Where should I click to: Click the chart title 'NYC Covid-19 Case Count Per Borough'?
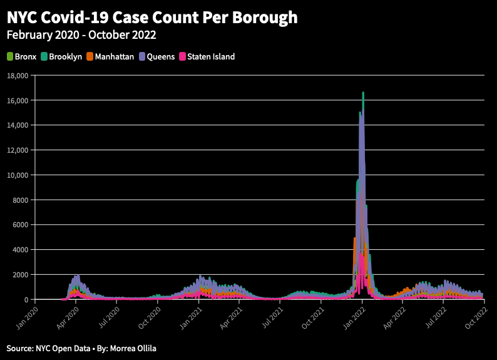pos(152,17)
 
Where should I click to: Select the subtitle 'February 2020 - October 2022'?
pos(81,35)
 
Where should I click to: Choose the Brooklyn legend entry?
pos(61,56)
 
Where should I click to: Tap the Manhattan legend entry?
pos(110,56)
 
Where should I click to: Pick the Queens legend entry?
pos(157,56)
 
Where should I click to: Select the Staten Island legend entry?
pos(207,56)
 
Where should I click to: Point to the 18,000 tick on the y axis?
pos(18,76)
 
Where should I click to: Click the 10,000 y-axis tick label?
pos(18,175)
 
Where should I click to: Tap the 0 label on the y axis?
pos(28,300)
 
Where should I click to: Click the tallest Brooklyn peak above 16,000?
pos(363,93)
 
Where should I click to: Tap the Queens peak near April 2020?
pos(76,276)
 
